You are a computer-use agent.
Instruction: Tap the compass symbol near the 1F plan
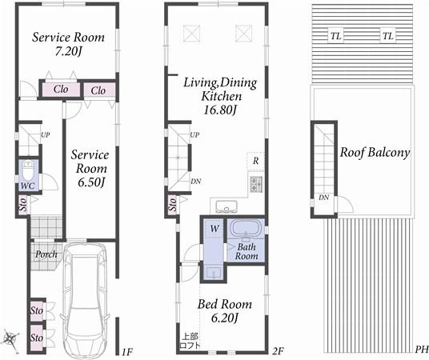tap(10, 338)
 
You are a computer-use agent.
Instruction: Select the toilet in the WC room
tap(28, 173)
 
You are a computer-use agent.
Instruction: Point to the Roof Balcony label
tap(375, 152)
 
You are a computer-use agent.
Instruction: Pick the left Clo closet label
tap(60, 90)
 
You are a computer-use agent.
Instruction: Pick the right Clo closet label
tap(98, 90)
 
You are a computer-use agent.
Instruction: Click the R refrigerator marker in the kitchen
tap(254, 161)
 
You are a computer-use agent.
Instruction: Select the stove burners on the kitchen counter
tap(258, 185)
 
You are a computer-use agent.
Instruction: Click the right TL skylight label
tap(387, 36)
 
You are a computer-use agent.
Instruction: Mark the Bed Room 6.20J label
tap(225, 311)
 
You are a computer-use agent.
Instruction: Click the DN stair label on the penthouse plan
tap(323, 198)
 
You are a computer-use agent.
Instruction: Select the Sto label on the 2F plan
tap(173, 206)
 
